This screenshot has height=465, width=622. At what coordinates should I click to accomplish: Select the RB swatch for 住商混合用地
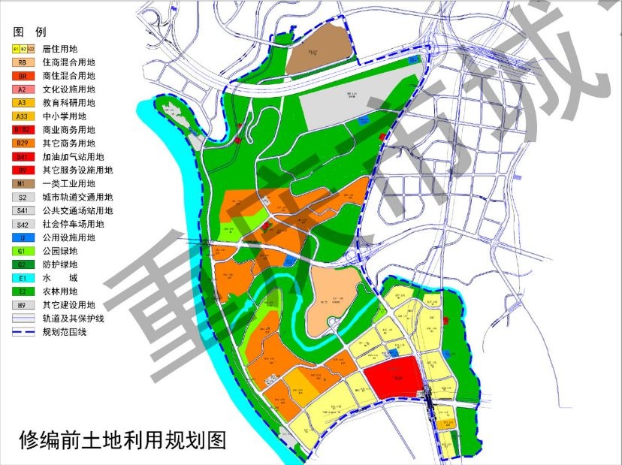[x=23, y=62]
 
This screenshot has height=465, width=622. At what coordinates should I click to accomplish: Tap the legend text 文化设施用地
[x=69, y=89]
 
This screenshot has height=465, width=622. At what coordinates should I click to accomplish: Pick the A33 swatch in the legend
[x=23, y=116]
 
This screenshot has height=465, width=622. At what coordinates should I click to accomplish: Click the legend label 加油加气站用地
[x=74, y=157]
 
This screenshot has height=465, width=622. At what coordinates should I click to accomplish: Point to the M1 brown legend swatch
[x=23, y=184]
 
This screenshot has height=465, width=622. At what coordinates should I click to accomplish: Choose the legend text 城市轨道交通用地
[x=78, y=198]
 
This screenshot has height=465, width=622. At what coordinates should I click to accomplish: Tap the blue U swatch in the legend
[x=23, y=238]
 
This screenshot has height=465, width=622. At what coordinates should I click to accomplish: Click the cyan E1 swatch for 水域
[x=23, y=278]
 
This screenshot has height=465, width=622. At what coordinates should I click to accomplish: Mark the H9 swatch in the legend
[x=23, y=305]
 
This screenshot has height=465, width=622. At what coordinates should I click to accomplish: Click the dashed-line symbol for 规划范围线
[x=23, y=332]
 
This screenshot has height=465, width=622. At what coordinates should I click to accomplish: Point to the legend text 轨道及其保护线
[x=74, y=319]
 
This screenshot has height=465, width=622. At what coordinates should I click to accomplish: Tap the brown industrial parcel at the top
[x=321, y=50]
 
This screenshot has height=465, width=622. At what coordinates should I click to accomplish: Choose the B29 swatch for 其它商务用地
[x=23, y=143]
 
